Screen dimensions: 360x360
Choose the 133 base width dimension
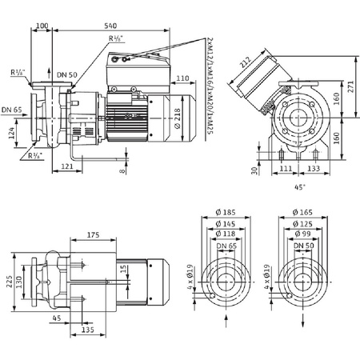[314, 170]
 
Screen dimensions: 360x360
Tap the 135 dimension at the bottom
[89, 329]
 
